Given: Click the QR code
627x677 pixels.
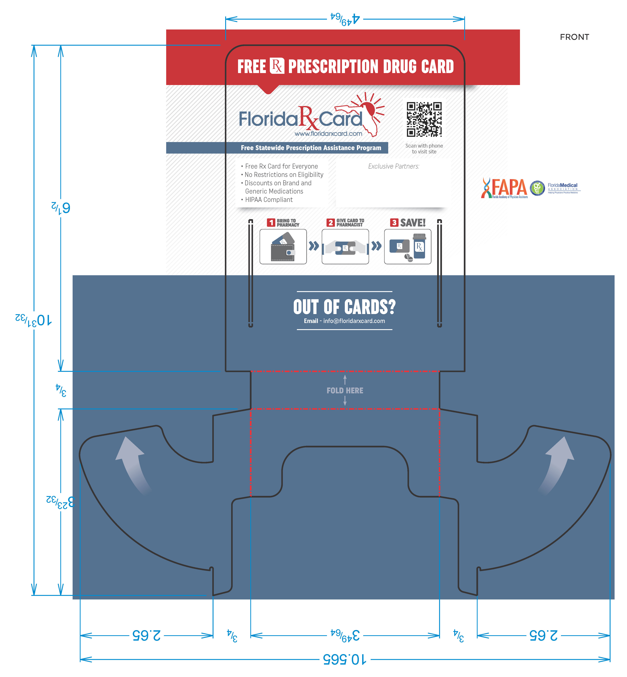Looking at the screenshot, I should [x=424, y=119].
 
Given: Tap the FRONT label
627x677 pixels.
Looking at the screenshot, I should [x=574, y=37].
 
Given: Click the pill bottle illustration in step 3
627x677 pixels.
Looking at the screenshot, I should [x=419, y=246].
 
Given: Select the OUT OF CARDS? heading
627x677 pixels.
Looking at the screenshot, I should [x=344, y=307].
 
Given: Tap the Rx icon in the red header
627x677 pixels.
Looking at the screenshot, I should [x=277, y=66].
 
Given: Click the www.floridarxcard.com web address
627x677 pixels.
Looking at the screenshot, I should [x=328, y=134].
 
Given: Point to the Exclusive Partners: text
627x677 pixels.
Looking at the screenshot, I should [x=394, y=166].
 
